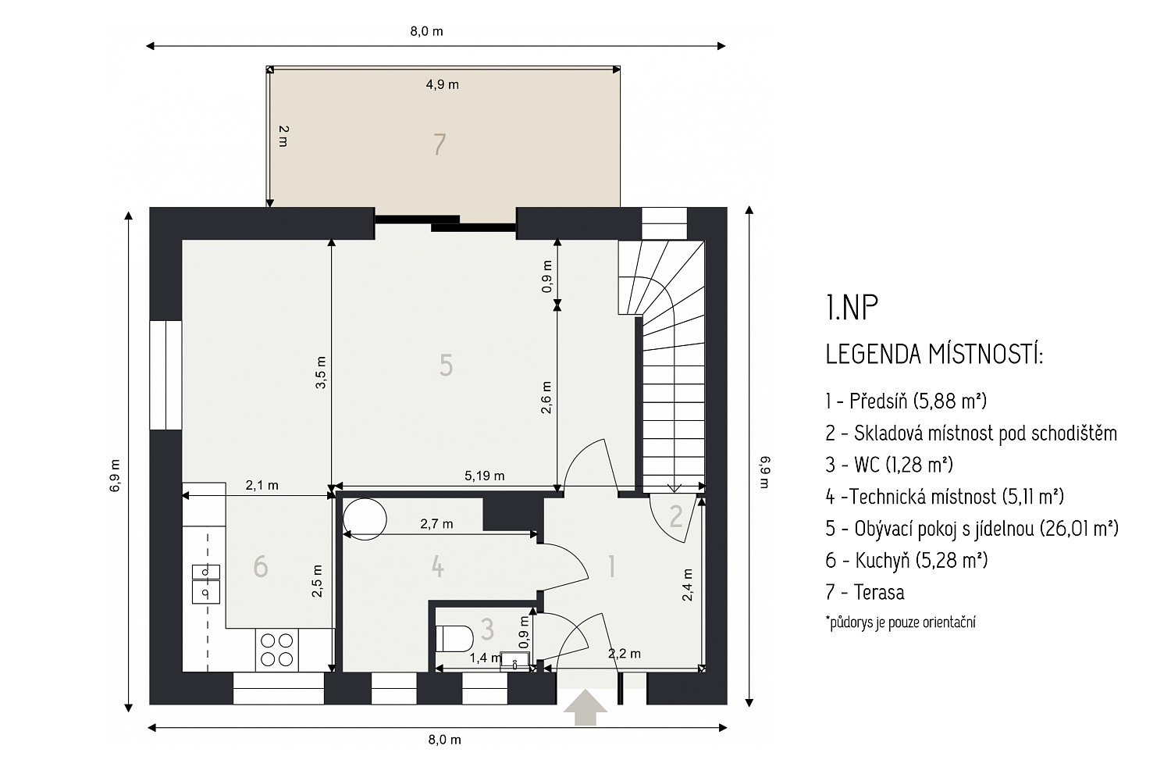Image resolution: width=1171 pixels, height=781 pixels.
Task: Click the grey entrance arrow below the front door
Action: pos(585,708)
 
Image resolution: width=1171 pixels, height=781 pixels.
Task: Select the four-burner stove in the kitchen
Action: pos(276,651)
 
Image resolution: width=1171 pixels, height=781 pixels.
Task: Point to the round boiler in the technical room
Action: pos(365,519)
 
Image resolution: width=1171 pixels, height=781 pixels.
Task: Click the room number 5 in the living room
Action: pos(446,365)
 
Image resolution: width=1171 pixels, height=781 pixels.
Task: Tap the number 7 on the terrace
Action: pos(439,144)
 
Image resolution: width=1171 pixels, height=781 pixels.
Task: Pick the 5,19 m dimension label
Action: pos(485,476)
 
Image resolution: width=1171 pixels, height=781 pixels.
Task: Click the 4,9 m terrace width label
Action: pos(443,84)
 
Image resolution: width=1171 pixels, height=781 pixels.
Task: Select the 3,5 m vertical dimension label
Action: pos(320,373)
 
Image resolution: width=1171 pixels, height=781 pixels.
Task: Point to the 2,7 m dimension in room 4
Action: pos(436,524)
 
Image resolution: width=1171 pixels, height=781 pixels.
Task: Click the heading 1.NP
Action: pos(852,308)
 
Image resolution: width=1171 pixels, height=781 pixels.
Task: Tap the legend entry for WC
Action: pos(890,465)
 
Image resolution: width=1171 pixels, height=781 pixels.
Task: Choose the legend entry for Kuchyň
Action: pos(907,560)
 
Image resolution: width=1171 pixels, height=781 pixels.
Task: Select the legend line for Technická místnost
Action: pos(945,497)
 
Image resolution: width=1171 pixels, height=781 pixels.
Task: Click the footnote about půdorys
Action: pos(901,622)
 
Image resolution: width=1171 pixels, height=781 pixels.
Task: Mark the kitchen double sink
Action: pos(206,583)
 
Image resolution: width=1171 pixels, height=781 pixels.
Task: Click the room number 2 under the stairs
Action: pos(676,516)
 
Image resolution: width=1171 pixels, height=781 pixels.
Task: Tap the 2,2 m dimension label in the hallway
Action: pos(625,654)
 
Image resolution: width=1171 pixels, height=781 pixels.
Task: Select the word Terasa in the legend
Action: pos(879,592)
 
